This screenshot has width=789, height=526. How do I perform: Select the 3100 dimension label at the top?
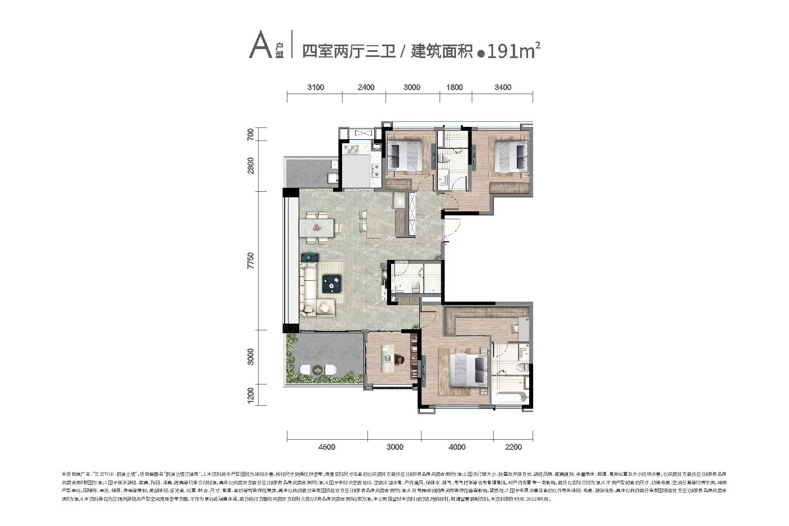316,87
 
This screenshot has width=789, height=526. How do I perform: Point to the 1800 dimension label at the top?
454,87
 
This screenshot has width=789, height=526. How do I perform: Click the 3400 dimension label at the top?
503,87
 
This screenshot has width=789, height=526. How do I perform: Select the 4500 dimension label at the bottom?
326,447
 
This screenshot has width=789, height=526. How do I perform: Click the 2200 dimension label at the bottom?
513,447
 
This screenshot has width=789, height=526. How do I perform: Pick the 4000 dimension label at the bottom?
457,447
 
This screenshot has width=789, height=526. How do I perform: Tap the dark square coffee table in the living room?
333,285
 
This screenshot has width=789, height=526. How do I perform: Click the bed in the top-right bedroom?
511,156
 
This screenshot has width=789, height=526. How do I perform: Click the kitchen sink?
352,150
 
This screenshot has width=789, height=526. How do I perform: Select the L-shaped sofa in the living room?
313,290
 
